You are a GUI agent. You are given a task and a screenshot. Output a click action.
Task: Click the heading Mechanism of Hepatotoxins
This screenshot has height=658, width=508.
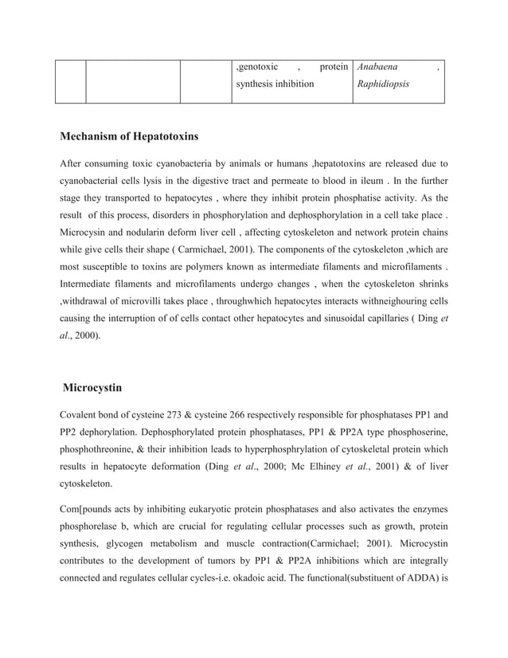click(129, 136)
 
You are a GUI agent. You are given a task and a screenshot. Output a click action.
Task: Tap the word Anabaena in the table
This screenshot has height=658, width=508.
click(378, 67)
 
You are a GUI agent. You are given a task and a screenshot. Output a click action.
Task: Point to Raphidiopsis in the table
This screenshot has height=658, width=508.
click(384, 84)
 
